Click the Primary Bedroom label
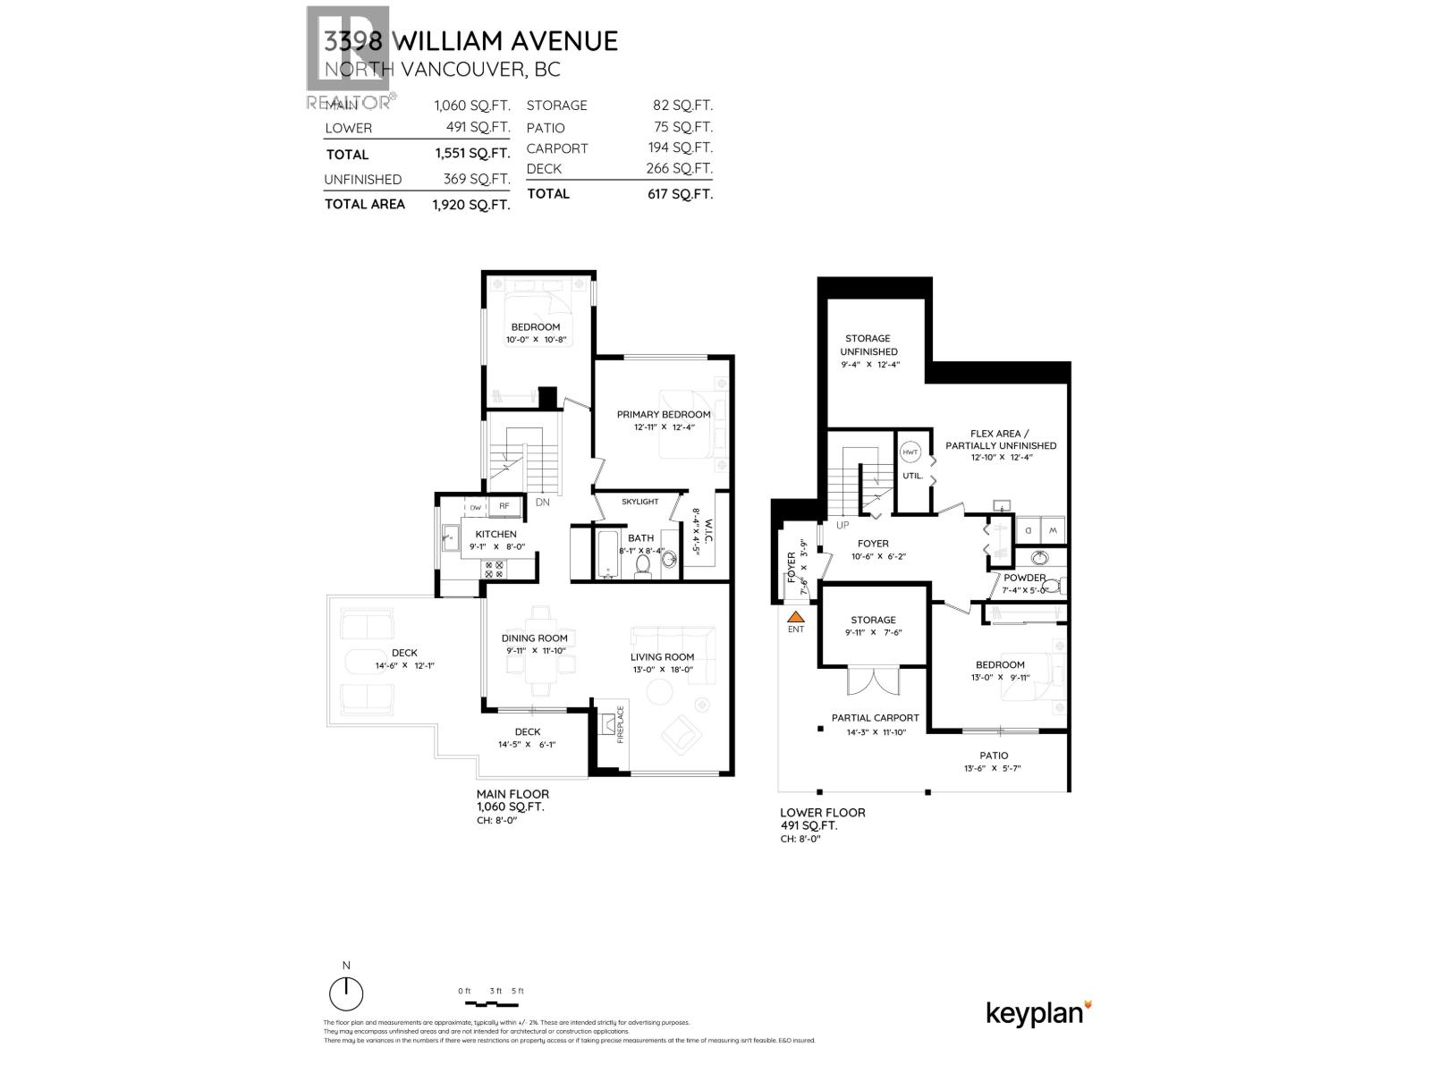[664, 414]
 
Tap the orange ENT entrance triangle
[795, 616]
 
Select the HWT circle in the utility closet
[910, 452]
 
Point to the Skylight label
[639, 502]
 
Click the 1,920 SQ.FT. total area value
[470, 205]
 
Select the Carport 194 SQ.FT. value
[680, 148]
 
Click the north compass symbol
[346, 993]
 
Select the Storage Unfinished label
[868, 345]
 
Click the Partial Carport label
[875, 718]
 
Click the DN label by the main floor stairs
[542, 503]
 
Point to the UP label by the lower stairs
[842, 526]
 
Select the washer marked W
[1053, 530]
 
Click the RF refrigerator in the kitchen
[504, 506]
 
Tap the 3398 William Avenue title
[470, 41]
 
